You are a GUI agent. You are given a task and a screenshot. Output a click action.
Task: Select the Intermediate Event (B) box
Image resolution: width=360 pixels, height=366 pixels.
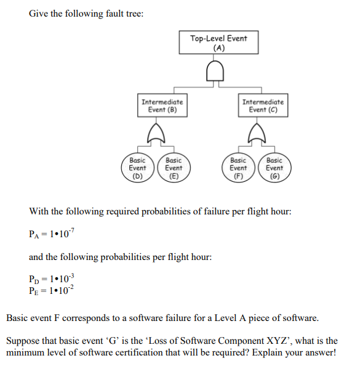tap(162, 105)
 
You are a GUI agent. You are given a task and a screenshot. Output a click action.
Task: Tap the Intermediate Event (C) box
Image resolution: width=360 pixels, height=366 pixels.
tap(263, 105)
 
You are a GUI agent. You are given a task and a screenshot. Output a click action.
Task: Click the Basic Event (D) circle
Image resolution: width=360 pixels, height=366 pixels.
tap(137, 168)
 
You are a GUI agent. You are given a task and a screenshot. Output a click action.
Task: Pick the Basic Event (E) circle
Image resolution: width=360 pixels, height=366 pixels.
tap(174, 168)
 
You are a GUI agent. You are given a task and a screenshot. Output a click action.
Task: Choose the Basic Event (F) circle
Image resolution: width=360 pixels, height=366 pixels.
tap(238, 168)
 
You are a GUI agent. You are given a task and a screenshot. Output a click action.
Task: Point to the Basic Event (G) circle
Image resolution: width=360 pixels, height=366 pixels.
tap(274, 168)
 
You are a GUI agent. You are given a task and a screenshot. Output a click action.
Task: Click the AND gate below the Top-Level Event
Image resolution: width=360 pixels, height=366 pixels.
tap(218, 73)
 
